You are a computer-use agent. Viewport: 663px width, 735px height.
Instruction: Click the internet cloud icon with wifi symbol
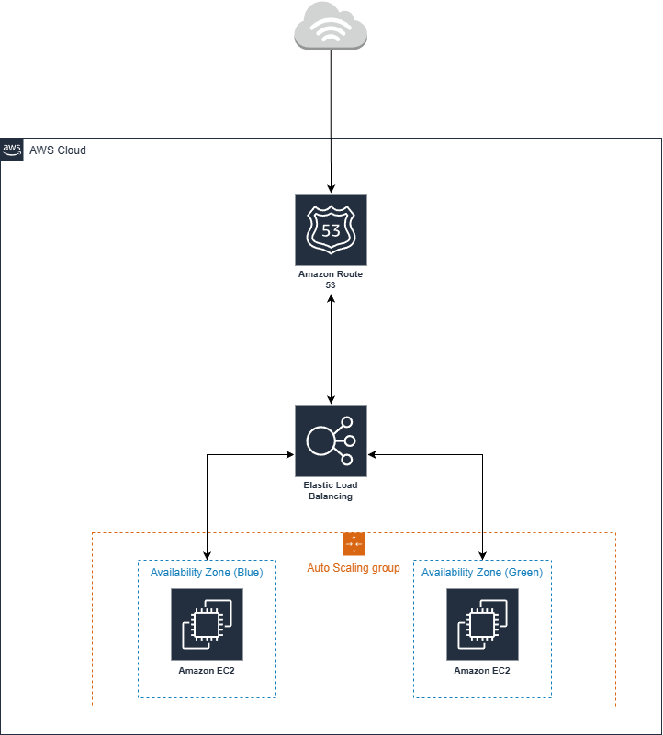click(331, 26)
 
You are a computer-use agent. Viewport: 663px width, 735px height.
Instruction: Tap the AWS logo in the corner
click(12, 150)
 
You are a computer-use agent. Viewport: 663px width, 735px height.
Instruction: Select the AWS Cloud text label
click(58, 150)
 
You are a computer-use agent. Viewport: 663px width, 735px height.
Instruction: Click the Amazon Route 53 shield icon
click(331, 229)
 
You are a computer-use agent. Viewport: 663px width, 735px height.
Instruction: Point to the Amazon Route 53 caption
click(331, 280)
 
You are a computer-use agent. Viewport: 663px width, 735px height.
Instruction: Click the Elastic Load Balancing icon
click(331, 440)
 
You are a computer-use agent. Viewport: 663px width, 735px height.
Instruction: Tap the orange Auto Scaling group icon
click(354, 543)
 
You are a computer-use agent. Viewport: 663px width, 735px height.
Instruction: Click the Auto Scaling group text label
click(354, 568)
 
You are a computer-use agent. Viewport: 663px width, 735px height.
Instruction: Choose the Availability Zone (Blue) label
click(207, 573)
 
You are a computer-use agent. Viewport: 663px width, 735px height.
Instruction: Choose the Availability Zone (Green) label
click(482, 573)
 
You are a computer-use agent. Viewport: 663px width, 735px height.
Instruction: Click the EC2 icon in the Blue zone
click(207, 624)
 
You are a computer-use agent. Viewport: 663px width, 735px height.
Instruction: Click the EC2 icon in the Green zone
click(482, 624)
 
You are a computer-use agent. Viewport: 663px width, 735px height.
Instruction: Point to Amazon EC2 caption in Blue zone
click(207, 671)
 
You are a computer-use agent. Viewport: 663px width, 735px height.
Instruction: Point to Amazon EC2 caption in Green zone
click(482, 671)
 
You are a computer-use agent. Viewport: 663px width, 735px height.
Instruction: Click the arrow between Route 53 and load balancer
click(331, 349)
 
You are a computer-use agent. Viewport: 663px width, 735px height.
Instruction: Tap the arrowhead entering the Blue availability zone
click(208, 555)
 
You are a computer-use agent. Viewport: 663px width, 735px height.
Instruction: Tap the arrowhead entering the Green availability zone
click(483, 555)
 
